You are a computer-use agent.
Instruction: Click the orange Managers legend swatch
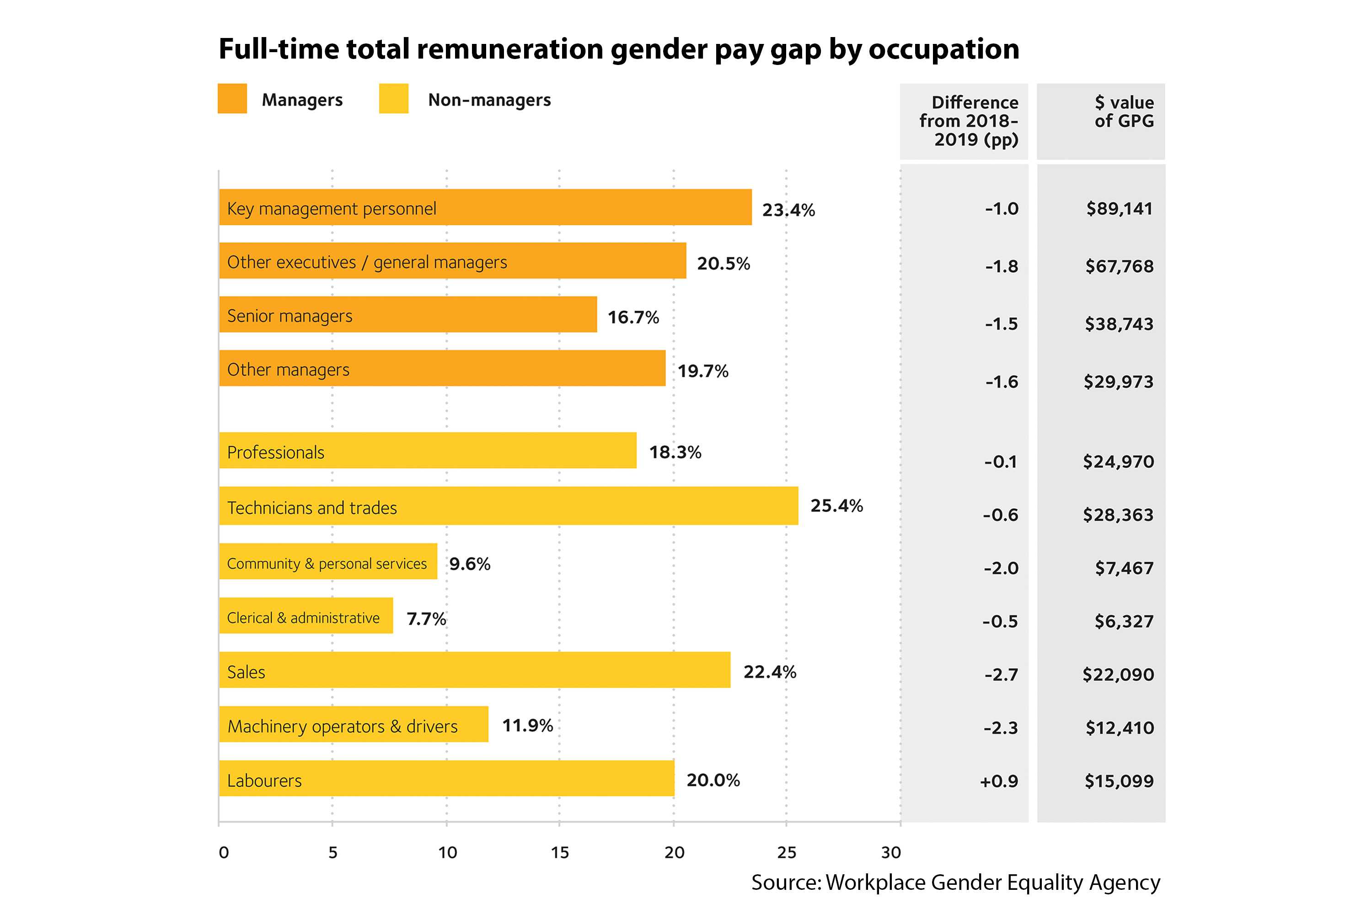(x=232, y=99)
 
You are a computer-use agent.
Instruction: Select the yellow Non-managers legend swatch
(x=394, y=99)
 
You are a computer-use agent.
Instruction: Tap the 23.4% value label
(x=788, y=210)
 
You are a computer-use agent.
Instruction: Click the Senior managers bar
(x=408, y=315)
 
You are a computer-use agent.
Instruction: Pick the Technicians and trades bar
(x=508, y=506)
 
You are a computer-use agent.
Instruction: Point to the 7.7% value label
(x=426, y=619)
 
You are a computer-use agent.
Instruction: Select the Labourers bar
(x=446, y=779)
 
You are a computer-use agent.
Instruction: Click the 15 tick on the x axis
(x=559, y=853)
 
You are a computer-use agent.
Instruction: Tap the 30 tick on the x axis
(x=891, y=853)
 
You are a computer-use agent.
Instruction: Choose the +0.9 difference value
(x=999, y=781)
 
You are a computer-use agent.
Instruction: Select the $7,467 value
(x=1124, y=568)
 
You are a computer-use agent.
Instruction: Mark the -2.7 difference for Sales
(x=1001, y=674)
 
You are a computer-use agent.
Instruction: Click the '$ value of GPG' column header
(x=1124, y=112)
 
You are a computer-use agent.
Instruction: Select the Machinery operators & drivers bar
(x=354, y=724)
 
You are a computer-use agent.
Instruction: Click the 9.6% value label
(x=469, y=564)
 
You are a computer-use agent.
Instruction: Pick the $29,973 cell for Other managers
(x=1118, y=382)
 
